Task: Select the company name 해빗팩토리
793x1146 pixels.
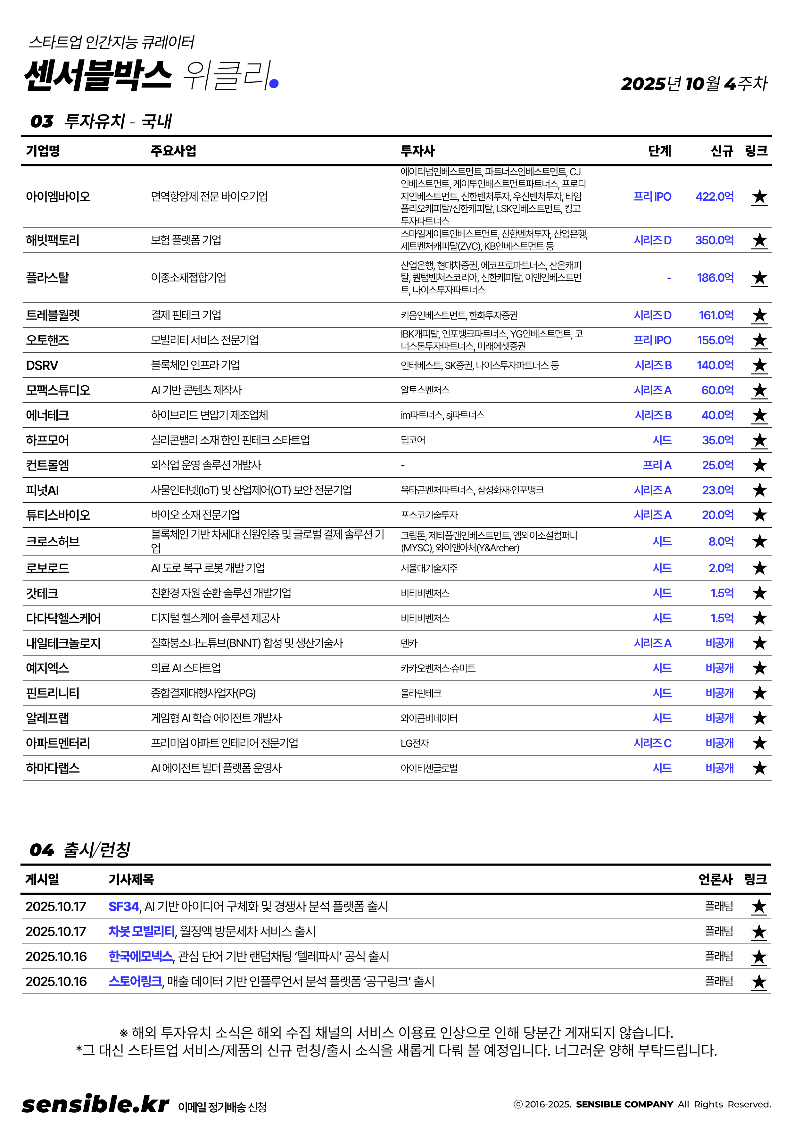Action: pos(53,240)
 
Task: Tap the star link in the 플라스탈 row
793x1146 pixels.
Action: pos(759,278)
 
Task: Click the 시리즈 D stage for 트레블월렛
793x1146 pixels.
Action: pos(652,315)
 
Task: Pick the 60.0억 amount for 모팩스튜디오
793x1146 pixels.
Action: pos(717,390)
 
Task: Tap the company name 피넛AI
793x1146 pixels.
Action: pos(42,490)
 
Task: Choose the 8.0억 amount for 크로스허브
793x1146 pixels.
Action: pos(721,541)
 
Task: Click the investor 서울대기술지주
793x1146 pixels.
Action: pos(429,568)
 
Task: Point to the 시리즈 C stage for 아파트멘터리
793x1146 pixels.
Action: pos(652,743)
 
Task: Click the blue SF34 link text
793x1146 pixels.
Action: pos(124,907)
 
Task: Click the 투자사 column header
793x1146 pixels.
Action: pos(417,151)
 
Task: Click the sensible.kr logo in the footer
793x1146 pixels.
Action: pos(95,1104)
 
